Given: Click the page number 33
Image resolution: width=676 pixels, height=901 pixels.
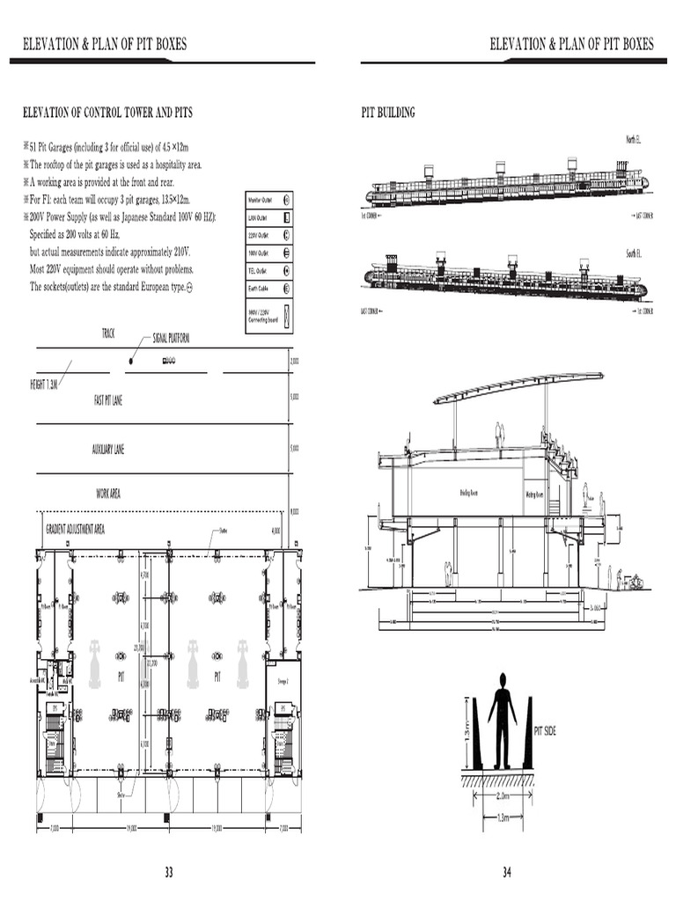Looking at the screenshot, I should point(168,872).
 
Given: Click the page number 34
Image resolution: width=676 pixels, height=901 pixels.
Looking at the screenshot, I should point(507,872).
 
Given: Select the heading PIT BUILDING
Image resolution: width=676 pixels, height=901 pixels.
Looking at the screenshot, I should point(388,113).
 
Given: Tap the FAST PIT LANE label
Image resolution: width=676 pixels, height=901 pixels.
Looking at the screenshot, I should point(108,400).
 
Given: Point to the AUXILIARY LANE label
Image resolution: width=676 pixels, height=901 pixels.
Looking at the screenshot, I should point(108,450).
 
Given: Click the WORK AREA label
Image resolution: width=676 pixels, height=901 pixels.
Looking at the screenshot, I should point(108,494).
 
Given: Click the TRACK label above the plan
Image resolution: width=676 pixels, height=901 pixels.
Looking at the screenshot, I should point(108,333).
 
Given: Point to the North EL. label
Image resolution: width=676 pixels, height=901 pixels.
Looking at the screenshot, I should point(633,140).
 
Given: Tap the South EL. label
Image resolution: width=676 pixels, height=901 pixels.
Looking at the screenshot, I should point(633,253).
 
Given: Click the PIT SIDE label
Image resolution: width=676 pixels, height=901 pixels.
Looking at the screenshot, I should point(546,730).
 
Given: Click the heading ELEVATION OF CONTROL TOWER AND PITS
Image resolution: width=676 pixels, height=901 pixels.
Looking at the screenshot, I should point(107,113).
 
